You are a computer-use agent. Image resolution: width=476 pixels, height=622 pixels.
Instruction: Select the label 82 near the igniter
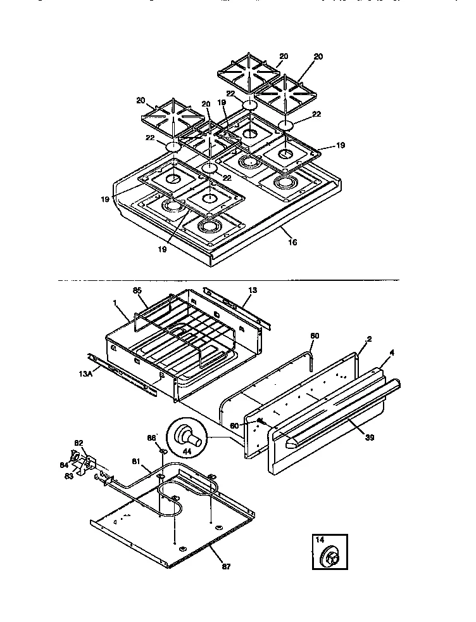[x=79, y=443]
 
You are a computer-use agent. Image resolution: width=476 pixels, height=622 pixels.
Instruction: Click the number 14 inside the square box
[x=320, y=540]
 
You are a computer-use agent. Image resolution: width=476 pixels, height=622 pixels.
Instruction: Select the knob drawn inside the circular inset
[x=187, y=436]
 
